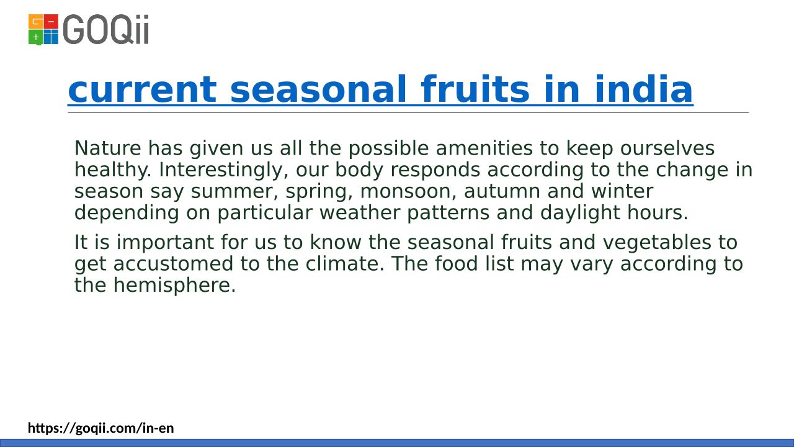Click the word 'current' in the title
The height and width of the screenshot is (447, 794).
click(142, 89)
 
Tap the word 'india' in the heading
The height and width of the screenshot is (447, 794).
click(643, 89)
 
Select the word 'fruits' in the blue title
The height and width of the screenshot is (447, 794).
click(475, 89)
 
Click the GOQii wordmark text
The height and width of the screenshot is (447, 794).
click(106, 29)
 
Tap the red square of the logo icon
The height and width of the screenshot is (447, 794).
click(51, 22)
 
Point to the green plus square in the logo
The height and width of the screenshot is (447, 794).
click(35, 37)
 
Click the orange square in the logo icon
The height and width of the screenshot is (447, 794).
click(35, 22)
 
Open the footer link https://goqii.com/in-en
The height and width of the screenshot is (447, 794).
click(101, 428)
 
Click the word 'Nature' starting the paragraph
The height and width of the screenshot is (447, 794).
click(108, 148)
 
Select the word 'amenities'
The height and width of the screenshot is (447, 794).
click(484, 148)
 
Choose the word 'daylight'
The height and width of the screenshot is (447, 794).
click(580, 213)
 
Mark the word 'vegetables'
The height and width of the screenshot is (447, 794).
click(657, 242)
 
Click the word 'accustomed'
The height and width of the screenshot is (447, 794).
click(173, 264)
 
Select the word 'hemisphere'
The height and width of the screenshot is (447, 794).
click(174, 285)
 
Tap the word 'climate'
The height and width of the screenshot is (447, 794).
click(345, 264)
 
